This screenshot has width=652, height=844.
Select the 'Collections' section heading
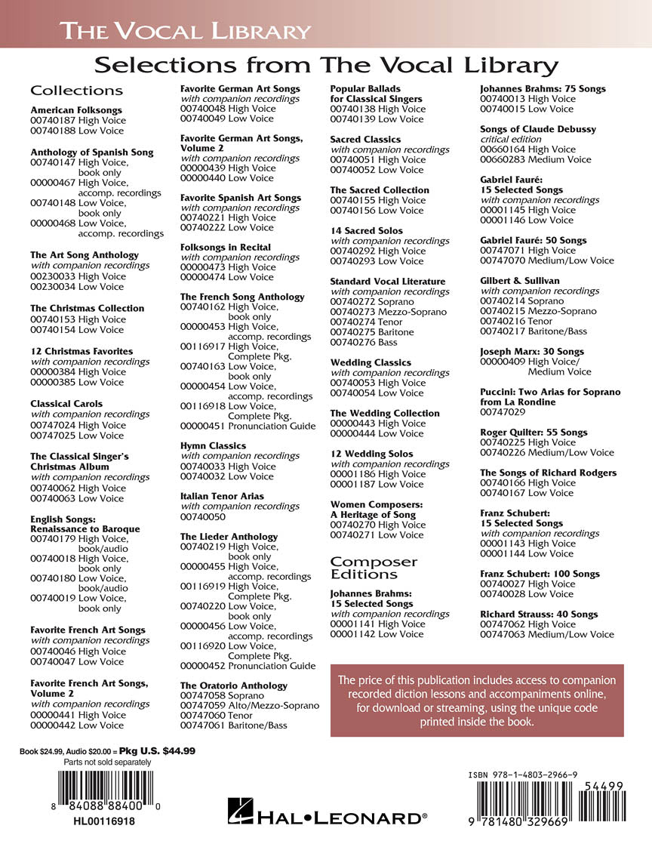tap(76, 91)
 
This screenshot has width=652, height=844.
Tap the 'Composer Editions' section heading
tap(374, 568)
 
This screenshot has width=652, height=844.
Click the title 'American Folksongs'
tap(75, 110)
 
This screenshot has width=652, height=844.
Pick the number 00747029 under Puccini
tap(504, 412)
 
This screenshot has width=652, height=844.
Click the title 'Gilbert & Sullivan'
tap(520, 281)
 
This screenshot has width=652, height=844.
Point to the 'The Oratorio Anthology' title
tap(234, 685)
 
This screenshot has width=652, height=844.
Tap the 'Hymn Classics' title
tap(213, 445)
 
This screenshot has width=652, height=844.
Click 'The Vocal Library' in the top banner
tap(185, 32)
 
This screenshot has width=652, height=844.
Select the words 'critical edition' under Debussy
tap(511, 140)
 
